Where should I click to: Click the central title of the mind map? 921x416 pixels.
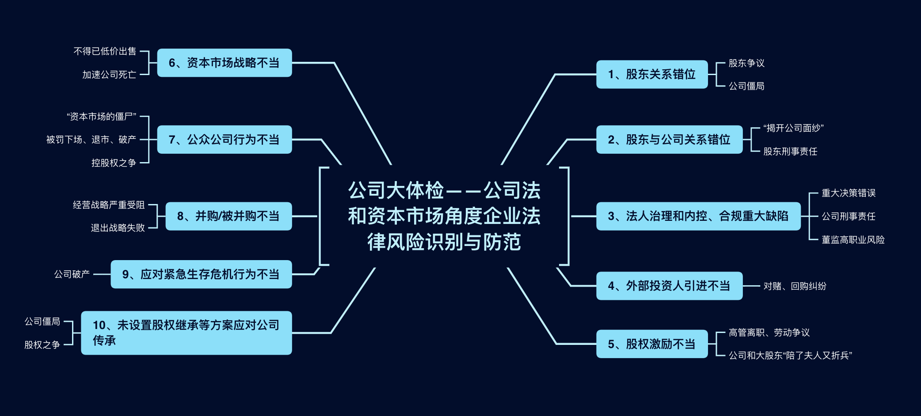tap(444, 216)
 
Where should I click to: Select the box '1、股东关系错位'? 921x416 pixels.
tap(652, 74)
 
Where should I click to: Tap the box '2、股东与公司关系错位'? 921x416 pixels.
tap(669, 140)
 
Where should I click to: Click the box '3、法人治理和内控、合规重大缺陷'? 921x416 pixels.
tap(698, 216)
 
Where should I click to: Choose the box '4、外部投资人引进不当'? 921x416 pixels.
tap(669, 286)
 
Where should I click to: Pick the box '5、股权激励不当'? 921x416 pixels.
tap(652, 344)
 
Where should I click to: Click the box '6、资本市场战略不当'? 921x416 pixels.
tap(225, 63)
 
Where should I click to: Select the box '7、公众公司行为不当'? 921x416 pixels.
tap(225, 140)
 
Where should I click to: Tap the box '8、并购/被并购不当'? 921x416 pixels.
tap(228, 216)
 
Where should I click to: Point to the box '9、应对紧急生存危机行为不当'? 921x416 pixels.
tap(201, 274)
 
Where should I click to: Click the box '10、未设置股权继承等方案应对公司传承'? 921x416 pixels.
tap(186, 333)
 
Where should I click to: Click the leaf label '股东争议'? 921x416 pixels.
tap(746, 63)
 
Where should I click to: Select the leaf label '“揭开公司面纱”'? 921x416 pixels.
tap(793, 128)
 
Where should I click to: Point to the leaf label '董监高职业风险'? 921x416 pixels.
tap(853, 240)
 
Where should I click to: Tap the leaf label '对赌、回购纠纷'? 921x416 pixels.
tap(795, 286)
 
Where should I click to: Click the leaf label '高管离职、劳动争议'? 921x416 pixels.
tap(769, 333)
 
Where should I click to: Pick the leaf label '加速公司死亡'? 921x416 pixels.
tap(109, 75)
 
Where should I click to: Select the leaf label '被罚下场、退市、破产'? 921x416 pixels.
tap(91, 140)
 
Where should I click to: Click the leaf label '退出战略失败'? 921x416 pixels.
tap(118, 228)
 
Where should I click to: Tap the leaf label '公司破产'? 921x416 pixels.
tap(72, 274)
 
